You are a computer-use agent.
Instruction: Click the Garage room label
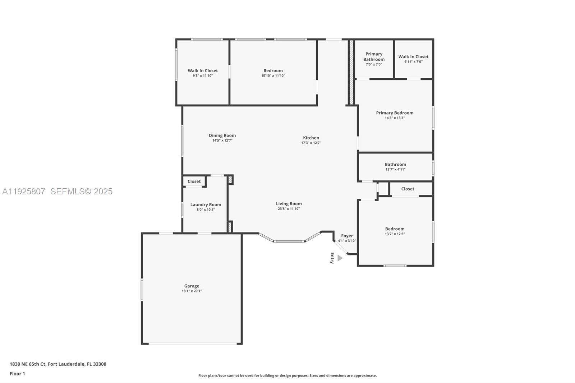pos(192,286)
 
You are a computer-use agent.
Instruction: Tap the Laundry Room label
pos(206,204)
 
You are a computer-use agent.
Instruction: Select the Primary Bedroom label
pos(395,113)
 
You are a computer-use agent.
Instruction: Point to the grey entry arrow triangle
pos(340,258)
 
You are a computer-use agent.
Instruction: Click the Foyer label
pos(347,236)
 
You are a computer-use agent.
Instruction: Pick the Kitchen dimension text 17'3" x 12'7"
pos(311,143)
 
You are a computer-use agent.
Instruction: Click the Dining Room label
pos(222,135)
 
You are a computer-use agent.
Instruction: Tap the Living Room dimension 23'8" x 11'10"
pos(289,209)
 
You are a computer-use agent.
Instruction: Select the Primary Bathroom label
pos(374,57)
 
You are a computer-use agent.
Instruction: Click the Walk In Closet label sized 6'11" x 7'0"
pos(413,57)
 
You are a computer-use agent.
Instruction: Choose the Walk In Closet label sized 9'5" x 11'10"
pos(203,71)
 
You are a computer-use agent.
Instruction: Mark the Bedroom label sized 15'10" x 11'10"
pos(273,71)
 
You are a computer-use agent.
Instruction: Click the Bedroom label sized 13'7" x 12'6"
pos(395,229)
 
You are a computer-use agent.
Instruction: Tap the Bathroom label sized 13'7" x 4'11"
pos(395,165)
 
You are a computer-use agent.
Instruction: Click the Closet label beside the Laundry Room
pos(194,181)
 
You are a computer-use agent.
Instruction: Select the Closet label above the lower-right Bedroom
pos(408,189)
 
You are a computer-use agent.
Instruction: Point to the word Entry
pos(332,258)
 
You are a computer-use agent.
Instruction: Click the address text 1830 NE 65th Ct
pos(28,364)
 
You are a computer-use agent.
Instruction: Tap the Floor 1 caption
pos(17,374)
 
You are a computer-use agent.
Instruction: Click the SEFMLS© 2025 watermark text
pos(81,191)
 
